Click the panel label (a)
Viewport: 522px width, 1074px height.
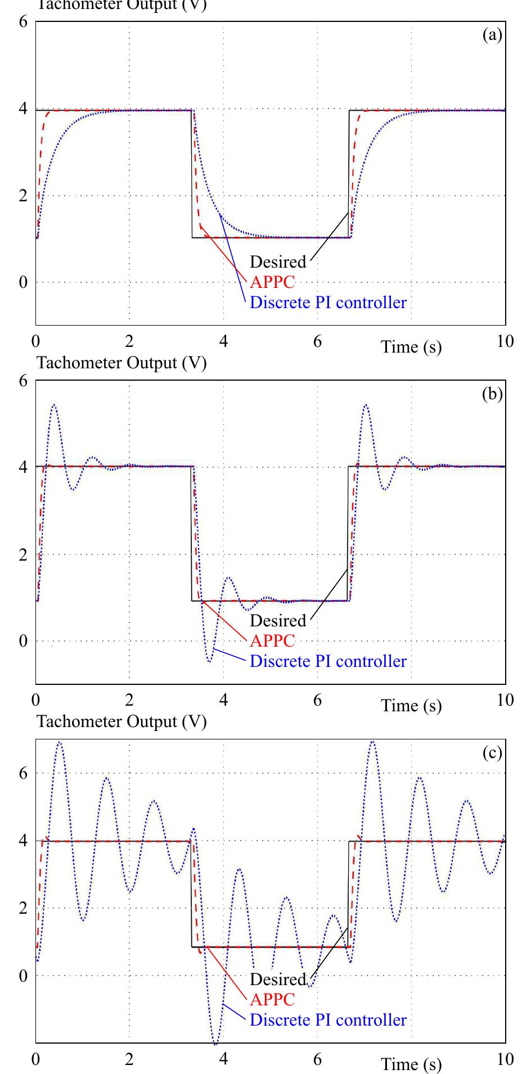pyautogui.click(x=492, y=36)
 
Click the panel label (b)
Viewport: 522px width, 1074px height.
pyautogui.click(x=492, y=395)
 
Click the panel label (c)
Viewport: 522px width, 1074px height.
pyautogui.click(x=492, y=753)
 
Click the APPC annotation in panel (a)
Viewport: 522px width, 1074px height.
pyautogui.click(x=272, y=282)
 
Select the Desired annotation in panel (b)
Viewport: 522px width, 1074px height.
pyautogui.click(x=278, y=621)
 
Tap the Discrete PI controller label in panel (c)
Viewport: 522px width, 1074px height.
pyautogui.click(x=328, y=1019)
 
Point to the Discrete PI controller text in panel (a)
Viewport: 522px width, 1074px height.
pyautogui.click(x=328, y=303)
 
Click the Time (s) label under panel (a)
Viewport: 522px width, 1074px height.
pyautogui.click(x=412, y=347)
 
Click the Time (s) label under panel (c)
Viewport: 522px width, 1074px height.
pyautogui.click(x=412, y=1064)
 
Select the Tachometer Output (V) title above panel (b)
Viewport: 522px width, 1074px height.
pyautogui.click(x=121, y=363)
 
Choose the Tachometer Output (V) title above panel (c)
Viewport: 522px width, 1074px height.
pyautogui.click(x=121, y=721)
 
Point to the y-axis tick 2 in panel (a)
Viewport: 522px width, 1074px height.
pyautogui.click(x=23, y=196)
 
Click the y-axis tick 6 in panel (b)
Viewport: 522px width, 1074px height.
pyautogui.click(x=23, y=381)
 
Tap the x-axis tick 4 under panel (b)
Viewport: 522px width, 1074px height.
pyautogui.click(x=223, y=700)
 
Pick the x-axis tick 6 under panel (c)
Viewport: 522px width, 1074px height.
pyautogui.click(x=317, y=1059)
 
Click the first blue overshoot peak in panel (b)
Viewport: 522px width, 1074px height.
pyautogui.click(x=54, y=405)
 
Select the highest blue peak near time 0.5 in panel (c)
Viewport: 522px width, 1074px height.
pyautogui.click(x=60, y=742)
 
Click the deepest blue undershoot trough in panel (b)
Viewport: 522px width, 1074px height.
pyautogui.click(x=209, y=661)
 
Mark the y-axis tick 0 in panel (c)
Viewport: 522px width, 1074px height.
pyautogui.click(x=23, y=976)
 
